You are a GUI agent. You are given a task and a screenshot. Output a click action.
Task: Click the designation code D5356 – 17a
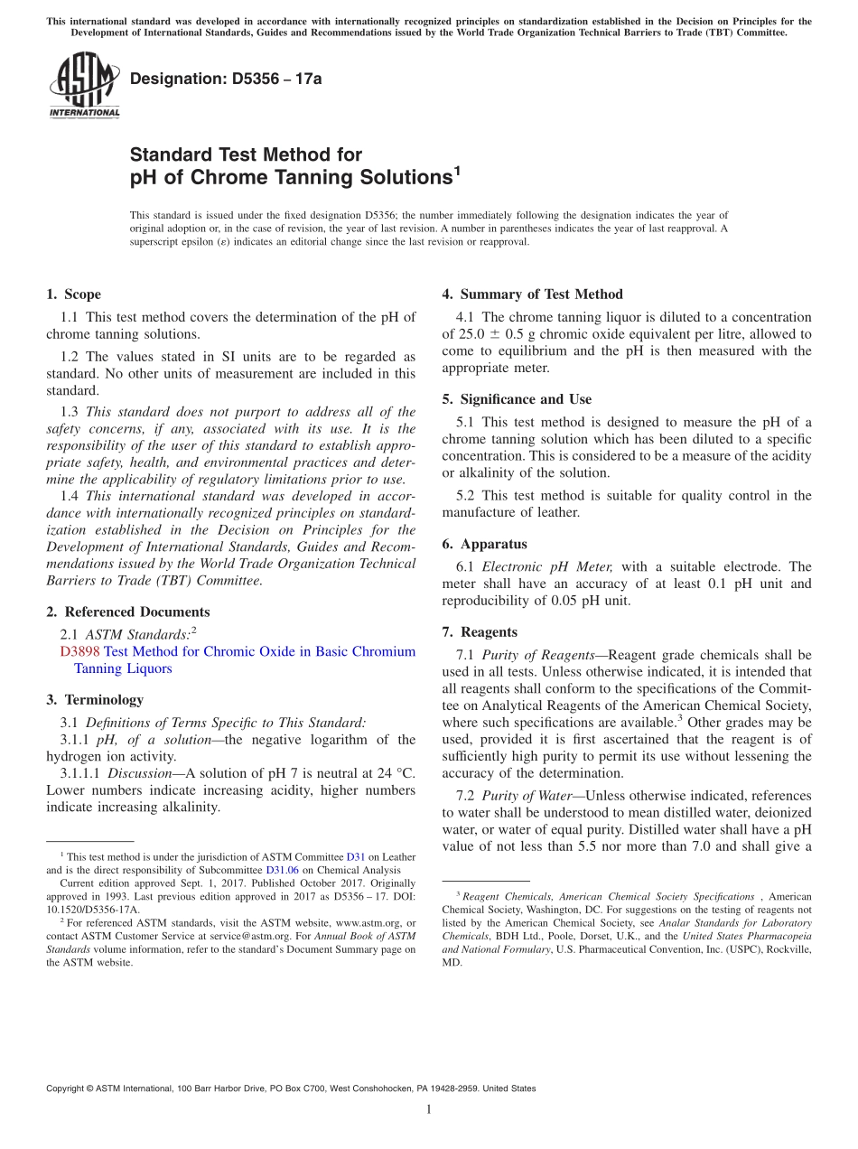[226, 79]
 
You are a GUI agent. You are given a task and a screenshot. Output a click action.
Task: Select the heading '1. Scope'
[73, 294]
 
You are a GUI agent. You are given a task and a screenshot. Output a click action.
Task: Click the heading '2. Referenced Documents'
[127, 612]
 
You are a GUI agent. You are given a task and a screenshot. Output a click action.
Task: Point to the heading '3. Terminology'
[95, 699]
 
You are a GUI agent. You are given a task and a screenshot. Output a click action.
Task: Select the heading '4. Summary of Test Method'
[532, 294]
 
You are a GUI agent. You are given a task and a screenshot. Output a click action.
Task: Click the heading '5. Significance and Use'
[517, 399]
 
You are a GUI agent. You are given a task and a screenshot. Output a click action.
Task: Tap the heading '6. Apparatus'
[484, 544]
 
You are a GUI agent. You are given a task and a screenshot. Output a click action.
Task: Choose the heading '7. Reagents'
[480, 632]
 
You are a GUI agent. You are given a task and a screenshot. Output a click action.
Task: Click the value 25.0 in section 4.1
[476, 333]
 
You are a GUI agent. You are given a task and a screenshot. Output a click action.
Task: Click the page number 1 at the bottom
[429, 1109]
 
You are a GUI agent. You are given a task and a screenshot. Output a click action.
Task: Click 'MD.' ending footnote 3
[452, 962]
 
